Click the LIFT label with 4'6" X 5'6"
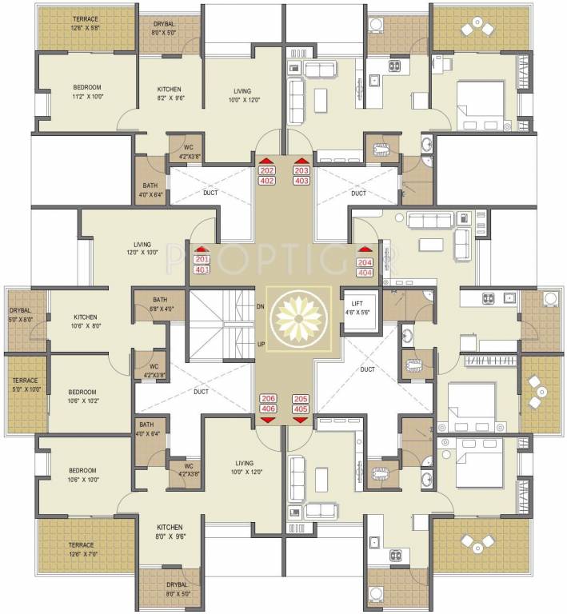(x=358, y=307)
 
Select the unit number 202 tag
(x=267, y=170)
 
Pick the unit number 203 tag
(x=301, y=170)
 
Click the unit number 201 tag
(x=201, y=259)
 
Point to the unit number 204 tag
(x=365, y=262)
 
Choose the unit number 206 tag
(x=268, y=398)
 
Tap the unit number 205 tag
(x=301, y=398)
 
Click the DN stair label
(x=260, y=306)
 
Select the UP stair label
(x=261, y=344)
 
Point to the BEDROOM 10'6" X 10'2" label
(x=82, y=397)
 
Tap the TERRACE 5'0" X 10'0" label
(x=25, y=385)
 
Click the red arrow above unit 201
(x=201, y=249)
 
